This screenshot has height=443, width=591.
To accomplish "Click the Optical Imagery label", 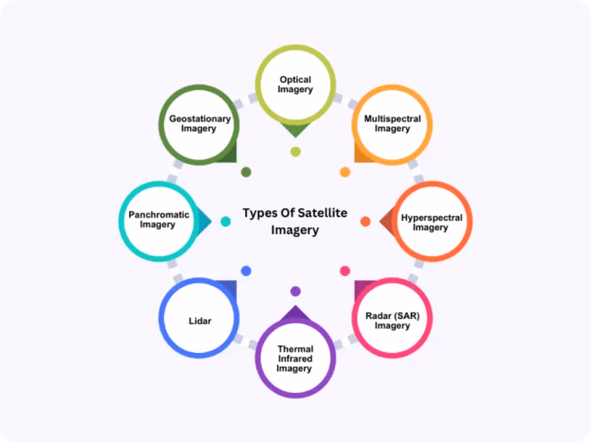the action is [x=295, y=85].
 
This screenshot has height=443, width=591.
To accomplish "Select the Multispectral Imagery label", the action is [x=392, y=124].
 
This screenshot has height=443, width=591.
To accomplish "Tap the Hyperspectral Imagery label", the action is [x=431, y=222].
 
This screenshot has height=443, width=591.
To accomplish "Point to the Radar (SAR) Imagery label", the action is [x=392, y=321].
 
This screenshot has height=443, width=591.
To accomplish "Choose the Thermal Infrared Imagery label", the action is [x=295, y=358].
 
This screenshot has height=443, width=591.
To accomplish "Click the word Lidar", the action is [x=200, y=321].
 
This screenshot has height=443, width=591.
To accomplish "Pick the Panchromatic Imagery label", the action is [x=159, y=220].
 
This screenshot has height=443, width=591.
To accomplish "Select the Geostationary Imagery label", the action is [x=199, y=124].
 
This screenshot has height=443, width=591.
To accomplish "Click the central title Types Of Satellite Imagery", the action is [x=295, y=221].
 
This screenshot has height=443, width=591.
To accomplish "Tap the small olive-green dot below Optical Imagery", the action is [x=295, y=152].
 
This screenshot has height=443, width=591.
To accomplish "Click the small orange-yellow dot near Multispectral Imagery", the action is [x=345, y=172].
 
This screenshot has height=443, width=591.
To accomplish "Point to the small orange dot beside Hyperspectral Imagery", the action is [x=366, y=221].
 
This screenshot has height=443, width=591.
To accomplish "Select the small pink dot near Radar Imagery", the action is [x=345, y=271].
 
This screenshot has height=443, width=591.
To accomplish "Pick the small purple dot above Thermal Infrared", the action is [x=295, y=291].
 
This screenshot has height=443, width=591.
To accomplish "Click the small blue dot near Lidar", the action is [x=246, y=271].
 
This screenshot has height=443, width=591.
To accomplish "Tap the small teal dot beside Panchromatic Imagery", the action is [x=225, y=221].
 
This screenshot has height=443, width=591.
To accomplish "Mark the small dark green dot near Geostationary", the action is [x=246, y=172].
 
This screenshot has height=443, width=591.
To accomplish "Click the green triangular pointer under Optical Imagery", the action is [x=295, y=130].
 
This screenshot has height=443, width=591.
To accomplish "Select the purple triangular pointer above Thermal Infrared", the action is [x=295, y=313].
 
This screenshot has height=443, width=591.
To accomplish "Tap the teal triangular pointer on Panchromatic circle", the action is [x=203, y=221].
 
